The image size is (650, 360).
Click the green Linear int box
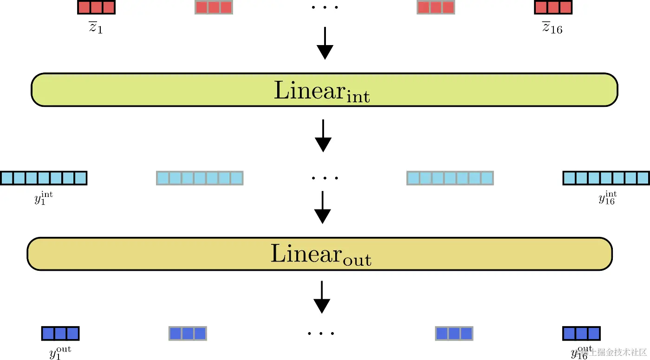(x=324, y=90)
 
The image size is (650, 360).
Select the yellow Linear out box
(x=319, y=254)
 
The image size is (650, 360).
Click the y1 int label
(x=43, y=199)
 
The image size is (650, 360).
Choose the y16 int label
(x=607, y=199)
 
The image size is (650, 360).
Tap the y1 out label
(x=60, y=353)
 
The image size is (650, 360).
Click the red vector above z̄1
(x=96, y=7)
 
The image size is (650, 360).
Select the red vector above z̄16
(x=553, y=7)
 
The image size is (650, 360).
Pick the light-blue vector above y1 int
(x=44, y=178)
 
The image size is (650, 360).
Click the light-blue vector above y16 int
(x=606, y=178)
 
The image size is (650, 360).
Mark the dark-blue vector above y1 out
(x=60, y=334)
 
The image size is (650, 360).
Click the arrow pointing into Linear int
(x=325, y=43)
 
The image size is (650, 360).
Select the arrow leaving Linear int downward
(x=323, y=136)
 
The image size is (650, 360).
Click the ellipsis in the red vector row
(x=325, y=7)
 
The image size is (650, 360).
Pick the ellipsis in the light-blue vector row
(x=325, y=178)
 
